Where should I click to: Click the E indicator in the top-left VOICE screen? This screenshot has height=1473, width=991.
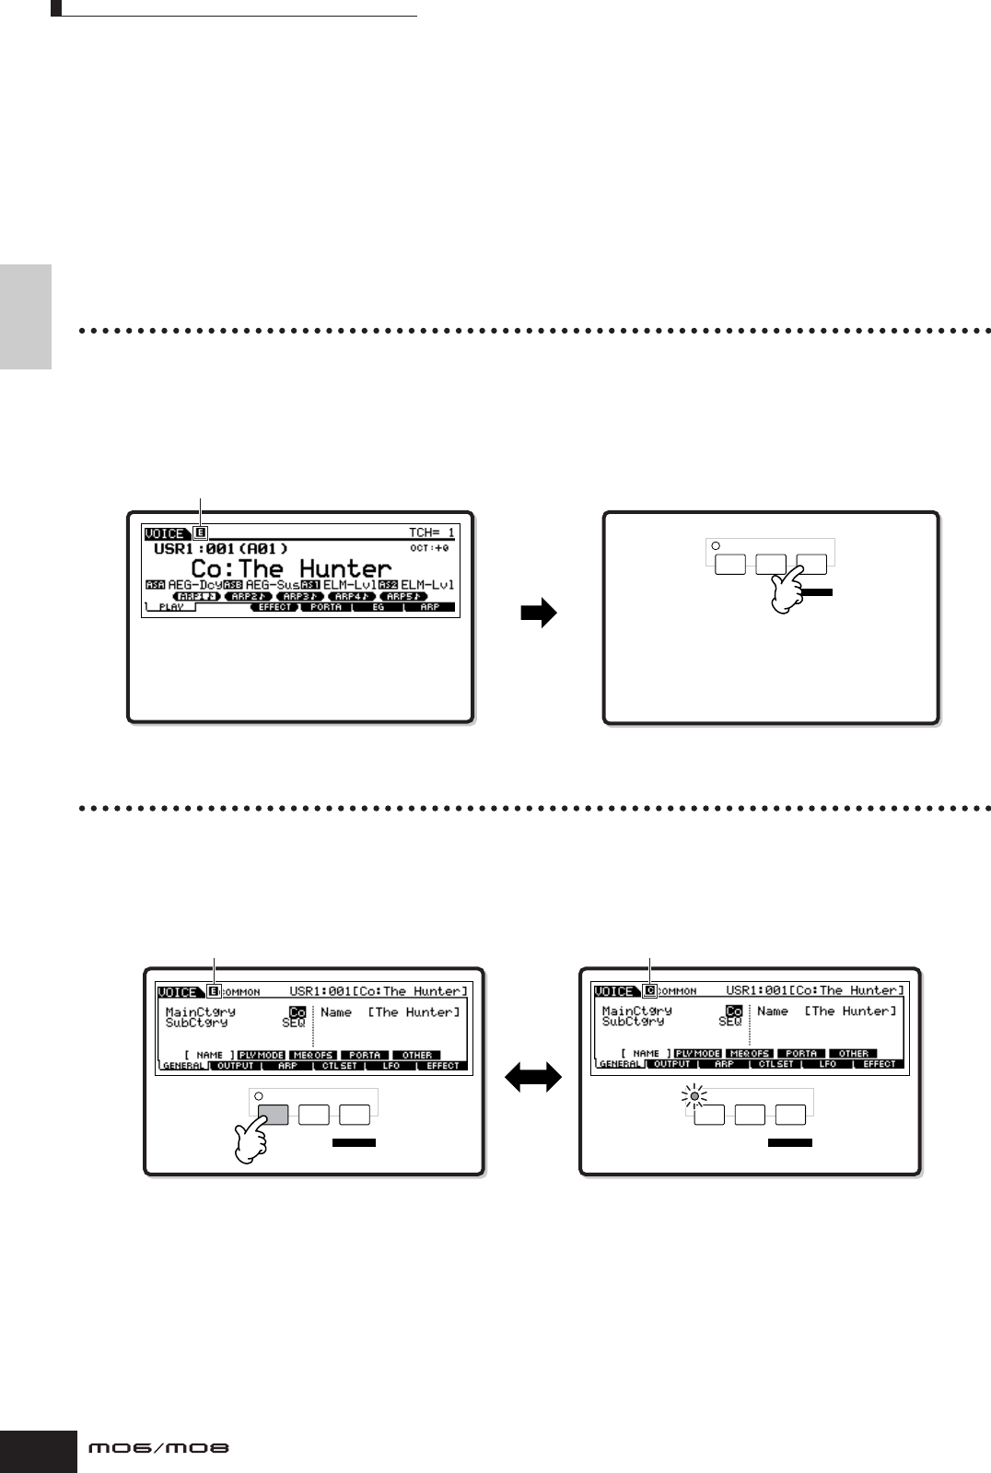202,532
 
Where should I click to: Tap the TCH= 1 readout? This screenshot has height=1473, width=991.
431,532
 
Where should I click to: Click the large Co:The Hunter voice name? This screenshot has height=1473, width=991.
291,567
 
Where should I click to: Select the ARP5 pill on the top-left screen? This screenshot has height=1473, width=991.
402,596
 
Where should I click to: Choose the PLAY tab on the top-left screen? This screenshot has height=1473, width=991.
170,608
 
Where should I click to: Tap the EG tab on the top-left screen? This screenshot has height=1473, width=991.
379,608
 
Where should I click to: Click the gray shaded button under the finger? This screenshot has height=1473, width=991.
274,1114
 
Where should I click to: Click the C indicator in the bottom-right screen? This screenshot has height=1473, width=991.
650,991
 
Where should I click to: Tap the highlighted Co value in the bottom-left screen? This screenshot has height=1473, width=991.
297,1011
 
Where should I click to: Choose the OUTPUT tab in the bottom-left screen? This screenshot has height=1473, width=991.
235,1066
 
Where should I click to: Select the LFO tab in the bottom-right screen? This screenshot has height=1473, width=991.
827,1064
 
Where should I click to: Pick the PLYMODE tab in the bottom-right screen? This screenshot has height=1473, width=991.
697,1053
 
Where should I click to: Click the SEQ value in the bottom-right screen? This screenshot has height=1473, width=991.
730,1022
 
